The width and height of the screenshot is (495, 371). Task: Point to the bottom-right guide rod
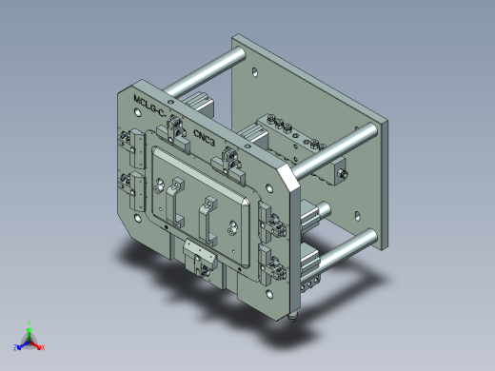343,249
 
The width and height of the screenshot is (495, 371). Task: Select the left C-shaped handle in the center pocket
175,203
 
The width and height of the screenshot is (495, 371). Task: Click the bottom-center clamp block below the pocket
198,256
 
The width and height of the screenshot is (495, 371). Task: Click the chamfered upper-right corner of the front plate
285,175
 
